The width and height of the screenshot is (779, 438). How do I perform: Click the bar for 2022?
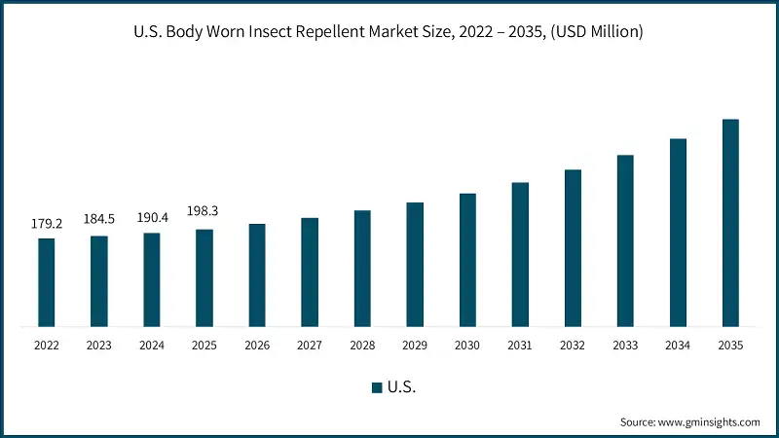47,282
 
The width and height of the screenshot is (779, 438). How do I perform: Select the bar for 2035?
730,223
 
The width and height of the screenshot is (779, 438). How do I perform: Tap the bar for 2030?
467,260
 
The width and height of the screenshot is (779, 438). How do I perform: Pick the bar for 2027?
310,272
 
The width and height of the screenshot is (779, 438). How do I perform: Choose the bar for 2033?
625,240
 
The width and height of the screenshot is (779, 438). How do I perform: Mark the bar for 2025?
204,277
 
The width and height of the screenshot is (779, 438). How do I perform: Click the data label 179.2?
47,224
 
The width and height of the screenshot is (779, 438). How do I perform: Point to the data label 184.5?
99,219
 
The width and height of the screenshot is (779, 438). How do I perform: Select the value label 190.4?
152,217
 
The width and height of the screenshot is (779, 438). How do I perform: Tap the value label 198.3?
204,210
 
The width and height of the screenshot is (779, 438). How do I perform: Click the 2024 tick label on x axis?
152,346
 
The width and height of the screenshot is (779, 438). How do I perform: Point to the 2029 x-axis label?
415,346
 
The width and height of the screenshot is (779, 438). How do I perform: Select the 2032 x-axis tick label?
573,346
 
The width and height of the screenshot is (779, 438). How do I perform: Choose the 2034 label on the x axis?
678,346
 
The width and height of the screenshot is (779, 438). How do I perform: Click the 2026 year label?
257,346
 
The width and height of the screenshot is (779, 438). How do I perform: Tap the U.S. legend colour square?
377,387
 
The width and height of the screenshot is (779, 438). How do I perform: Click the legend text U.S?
401,387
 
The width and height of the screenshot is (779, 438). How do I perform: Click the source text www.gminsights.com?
709,421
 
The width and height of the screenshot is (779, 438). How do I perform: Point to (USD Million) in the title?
593,33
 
